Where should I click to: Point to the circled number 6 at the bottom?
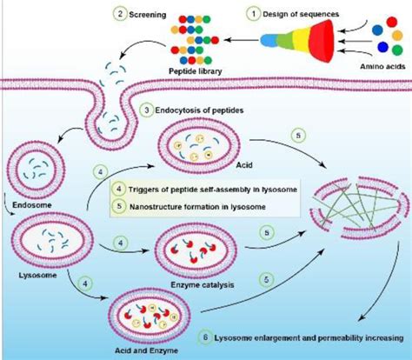pos(204,337)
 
